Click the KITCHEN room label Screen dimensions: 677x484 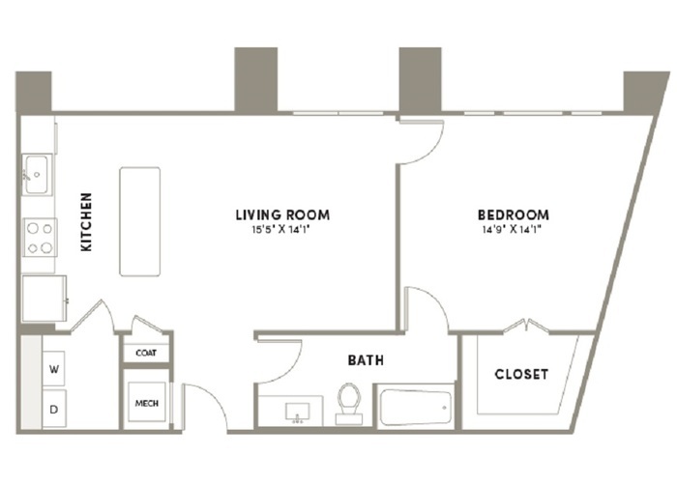point(86,222)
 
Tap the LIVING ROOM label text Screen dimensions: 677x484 point(282,214)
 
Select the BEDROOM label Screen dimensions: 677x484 point(514,214)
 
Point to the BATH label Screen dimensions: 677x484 point(366,360)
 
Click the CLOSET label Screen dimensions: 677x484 point(521,374)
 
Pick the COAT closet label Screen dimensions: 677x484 point(146,353)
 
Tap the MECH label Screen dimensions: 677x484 point(147,404)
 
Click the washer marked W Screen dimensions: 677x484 point(54,369)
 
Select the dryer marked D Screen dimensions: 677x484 point(54,409)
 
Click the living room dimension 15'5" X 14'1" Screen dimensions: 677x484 point(281,230)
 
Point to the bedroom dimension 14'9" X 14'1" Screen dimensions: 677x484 point(512,230)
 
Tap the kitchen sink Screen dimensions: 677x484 point(37,174)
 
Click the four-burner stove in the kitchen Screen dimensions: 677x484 point(40,238)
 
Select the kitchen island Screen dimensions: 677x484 point(140,221)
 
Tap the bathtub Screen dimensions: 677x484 point(416,408)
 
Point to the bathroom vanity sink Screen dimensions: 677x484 point(297,412)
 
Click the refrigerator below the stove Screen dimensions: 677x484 point(44,299)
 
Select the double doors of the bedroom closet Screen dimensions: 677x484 point(527,326)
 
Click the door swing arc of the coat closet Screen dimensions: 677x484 point(147,323)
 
